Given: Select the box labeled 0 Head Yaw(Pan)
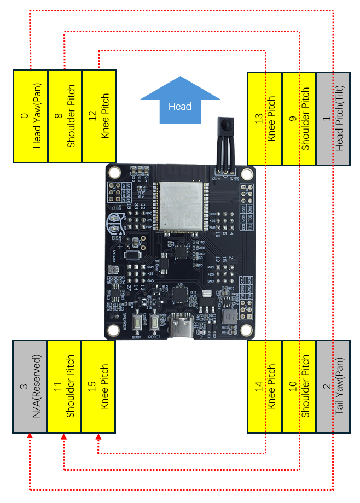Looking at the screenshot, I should click(31, 116).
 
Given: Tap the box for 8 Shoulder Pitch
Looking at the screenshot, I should click(65, 116).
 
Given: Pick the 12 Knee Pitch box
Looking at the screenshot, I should click(98, 116).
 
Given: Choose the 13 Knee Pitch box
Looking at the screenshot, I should click(265, 119).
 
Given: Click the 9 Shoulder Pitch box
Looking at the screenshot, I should click(299, 119).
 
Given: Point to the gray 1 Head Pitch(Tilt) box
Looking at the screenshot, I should click(333, 119).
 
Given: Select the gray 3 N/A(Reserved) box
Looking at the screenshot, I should click(30, 387).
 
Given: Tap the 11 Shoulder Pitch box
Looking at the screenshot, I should click(64, 387).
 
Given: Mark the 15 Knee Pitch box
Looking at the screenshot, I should click(98, 387).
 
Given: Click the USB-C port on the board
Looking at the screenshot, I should click(180, 327).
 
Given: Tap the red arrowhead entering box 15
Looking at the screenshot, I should click(98, 437).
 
